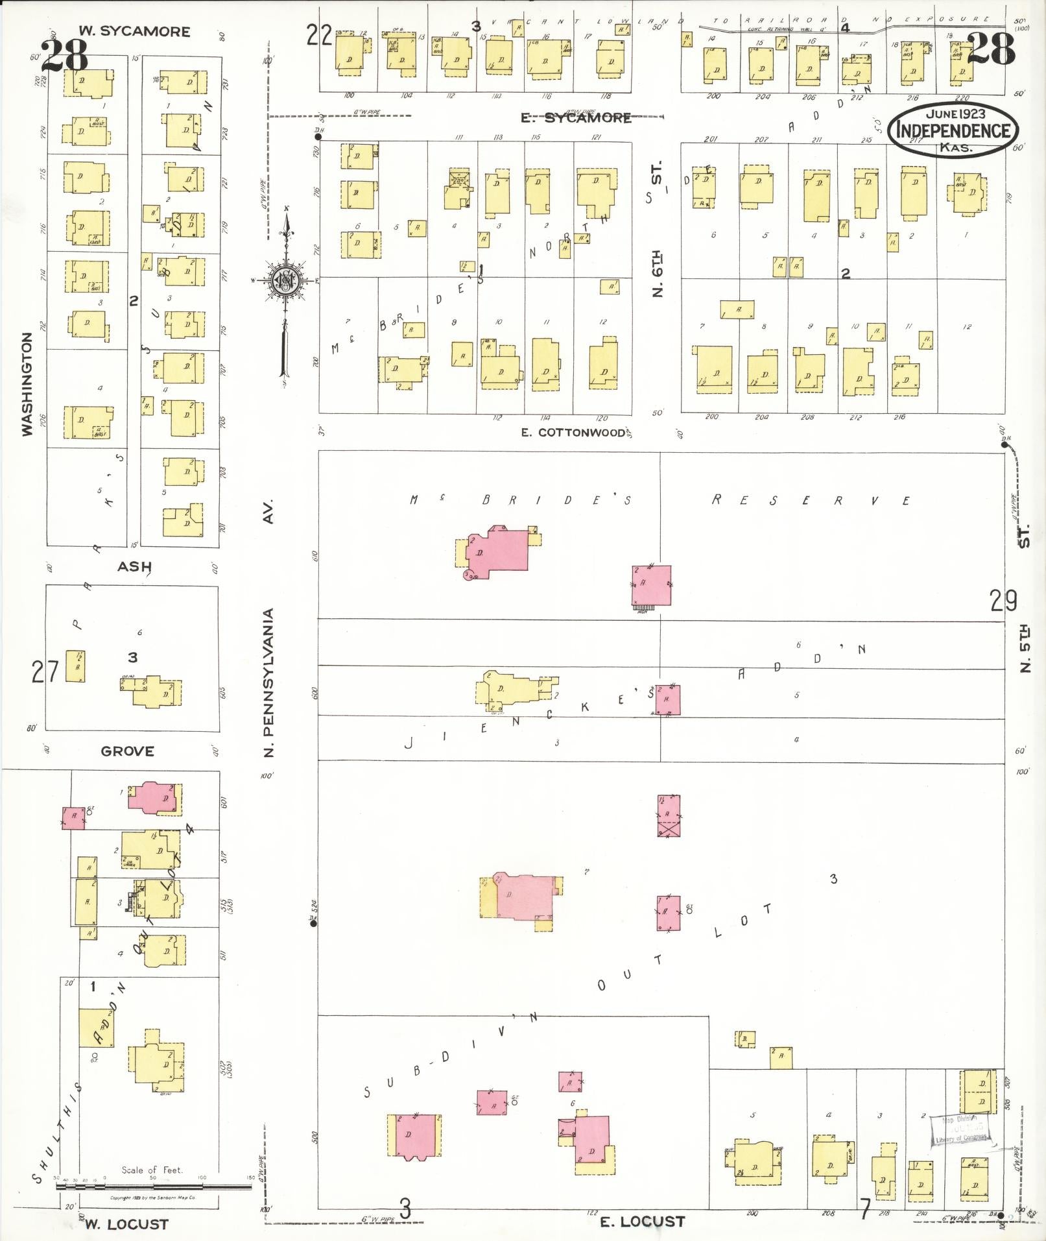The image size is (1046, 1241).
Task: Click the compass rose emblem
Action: (284, 280)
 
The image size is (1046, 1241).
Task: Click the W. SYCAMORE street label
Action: (134, 31)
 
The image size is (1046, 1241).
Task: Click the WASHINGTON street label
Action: (27, 384)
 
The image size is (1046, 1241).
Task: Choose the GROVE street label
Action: (128, 751)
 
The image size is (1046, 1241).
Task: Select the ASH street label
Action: (134, 567)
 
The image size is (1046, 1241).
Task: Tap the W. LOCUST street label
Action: (127, 1224)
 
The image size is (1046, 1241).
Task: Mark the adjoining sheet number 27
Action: (45, 672)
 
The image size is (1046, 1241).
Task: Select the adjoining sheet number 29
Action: (1003, 601)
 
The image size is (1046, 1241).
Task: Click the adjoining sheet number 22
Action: (320, 35)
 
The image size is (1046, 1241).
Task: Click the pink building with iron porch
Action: (652, 586)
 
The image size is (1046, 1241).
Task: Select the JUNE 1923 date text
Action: (955, 114)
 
